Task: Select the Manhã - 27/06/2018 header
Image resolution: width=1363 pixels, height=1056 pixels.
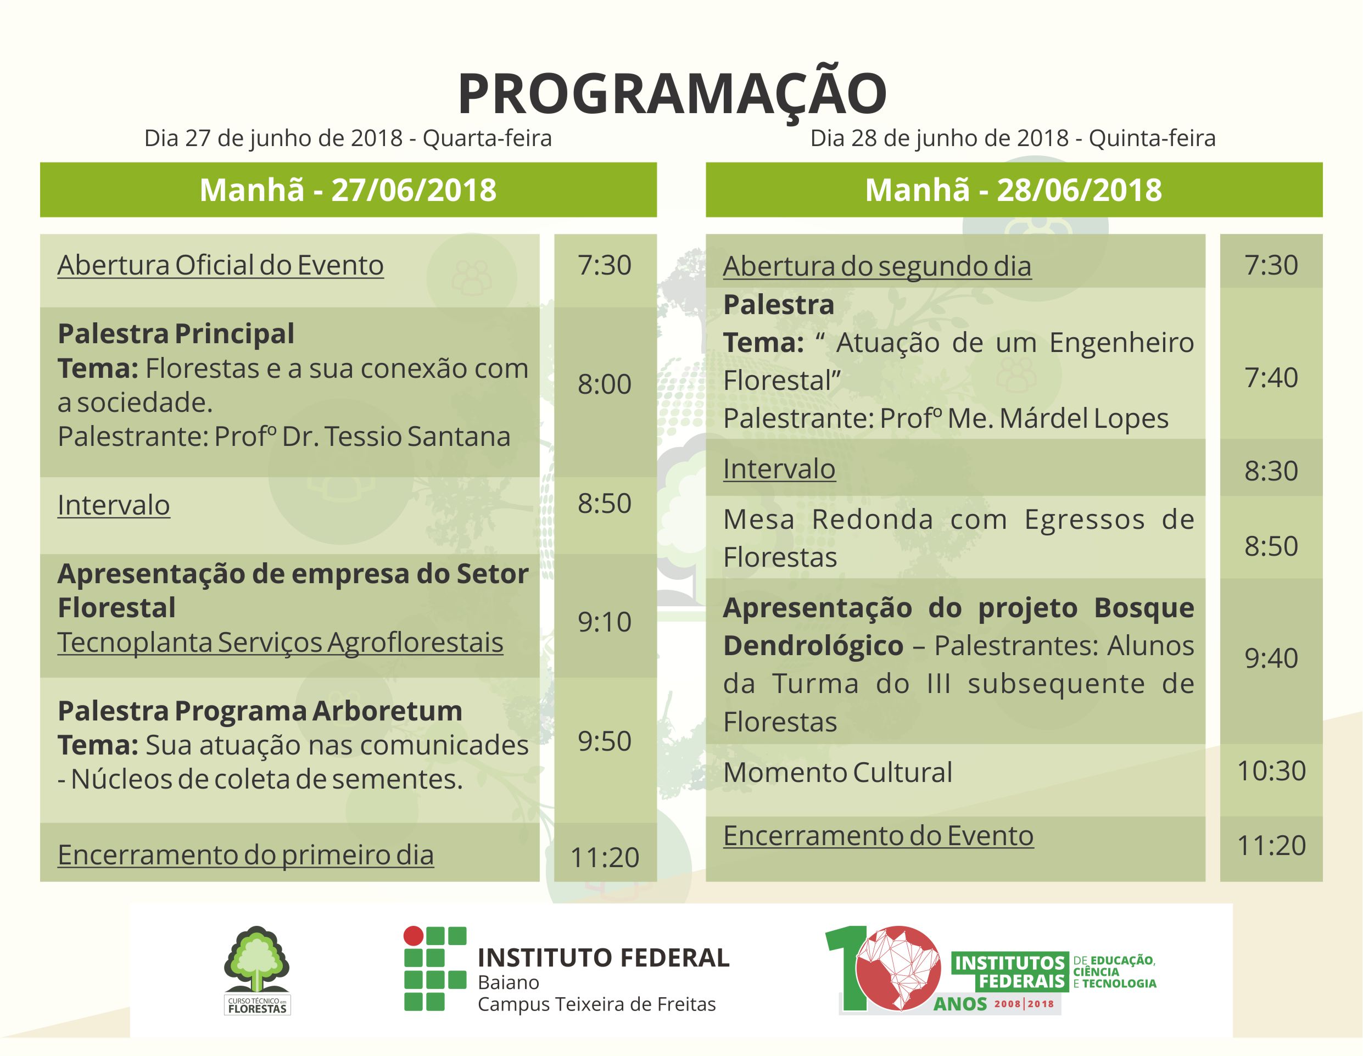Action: point(348,190)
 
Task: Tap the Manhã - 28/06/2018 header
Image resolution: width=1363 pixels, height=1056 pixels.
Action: point(1014,190)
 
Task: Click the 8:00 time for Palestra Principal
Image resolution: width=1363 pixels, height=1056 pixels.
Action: point(605,384)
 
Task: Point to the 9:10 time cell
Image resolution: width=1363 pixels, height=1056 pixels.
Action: point(605,622)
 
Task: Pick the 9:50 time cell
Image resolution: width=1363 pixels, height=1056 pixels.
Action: point(605,741)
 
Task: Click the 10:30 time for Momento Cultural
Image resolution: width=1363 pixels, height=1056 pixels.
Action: point(1271,771)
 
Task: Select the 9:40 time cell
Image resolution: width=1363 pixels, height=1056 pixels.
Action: point(1271,658)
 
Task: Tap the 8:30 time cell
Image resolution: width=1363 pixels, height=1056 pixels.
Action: point(1271,471)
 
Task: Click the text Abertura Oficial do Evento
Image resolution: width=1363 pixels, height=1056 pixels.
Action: point(220,265)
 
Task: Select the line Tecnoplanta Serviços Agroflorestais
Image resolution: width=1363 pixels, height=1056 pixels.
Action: point(280,642)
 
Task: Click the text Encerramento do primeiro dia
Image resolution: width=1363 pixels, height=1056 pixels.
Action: point(246,854)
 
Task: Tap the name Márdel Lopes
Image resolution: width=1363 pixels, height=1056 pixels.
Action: point(1085,418)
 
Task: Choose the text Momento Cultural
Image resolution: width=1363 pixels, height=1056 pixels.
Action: point(838,772)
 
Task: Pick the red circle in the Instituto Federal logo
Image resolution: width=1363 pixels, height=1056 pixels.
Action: point(412,936)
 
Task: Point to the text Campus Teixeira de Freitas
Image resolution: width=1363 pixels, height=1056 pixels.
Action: point(596,1004)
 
